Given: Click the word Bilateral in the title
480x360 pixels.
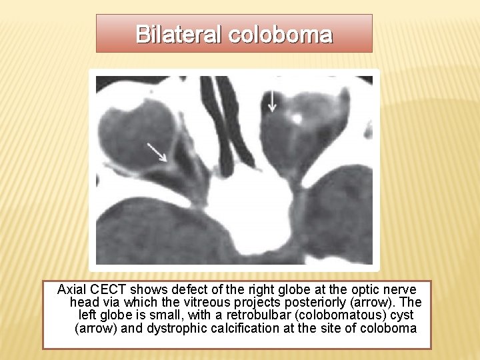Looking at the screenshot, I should tap(179, 34).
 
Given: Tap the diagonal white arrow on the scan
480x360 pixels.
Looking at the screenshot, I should tap(157, 151).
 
